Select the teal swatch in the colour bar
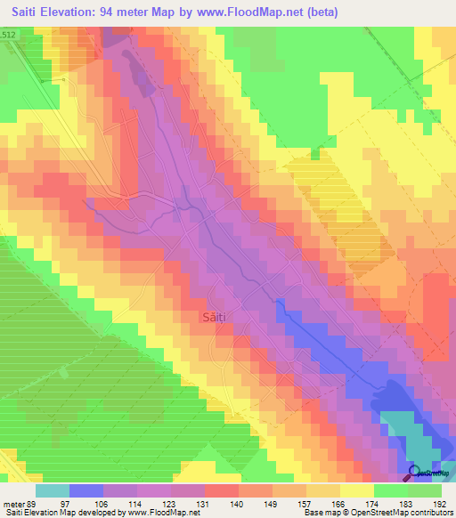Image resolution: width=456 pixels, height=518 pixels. pyautogui.click(x=53, y=490)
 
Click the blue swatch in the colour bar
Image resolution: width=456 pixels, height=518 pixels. pyautogui.click(x=86, y=490)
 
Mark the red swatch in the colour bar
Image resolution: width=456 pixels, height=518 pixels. pyautogui.click(x=222, y=490)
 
